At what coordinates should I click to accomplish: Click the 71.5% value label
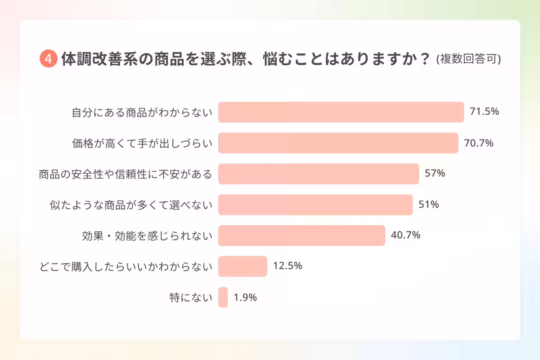coord(484,112)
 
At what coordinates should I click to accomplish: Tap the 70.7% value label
coord(479,143)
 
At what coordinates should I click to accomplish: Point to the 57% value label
coord(435,174)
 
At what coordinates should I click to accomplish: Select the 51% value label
coord(429,205)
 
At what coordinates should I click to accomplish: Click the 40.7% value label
coord(405,235)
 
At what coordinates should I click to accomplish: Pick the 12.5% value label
coord(288,266)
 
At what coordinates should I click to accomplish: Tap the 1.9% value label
coord(245,297)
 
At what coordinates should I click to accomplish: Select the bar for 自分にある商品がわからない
coord(341,112)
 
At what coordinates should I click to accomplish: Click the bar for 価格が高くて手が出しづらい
coord(338,143)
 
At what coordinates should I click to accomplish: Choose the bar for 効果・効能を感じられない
coord(301,235)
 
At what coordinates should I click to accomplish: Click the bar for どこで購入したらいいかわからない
coord(243,266)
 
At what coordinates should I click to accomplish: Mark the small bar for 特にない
coord(223,297)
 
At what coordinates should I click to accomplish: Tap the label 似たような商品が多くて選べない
coord(130,205)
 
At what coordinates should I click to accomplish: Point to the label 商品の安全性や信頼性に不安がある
coord(125,174)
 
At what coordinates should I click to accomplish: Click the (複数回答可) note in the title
coord(468,60)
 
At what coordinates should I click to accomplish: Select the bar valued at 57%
coord(319,174)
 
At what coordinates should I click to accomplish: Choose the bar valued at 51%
coord(315,205)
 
